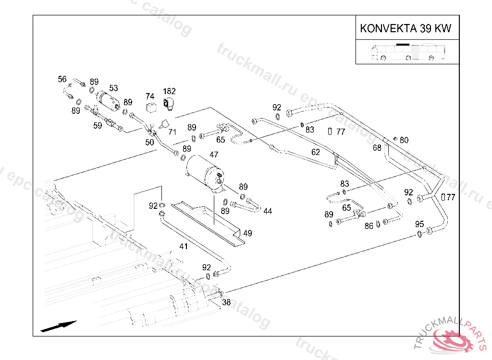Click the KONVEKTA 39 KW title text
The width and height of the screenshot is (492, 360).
coord(406,29)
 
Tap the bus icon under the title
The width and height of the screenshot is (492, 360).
coord(407,52)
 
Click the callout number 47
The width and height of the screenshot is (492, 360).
coord(214,155)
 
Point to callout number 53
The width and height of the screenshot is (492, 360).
coord(113,88)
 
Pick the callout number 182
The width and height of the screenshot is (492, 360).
coord(169,91)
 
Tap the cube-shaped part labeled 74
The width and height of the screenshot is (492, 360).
coord(151,107)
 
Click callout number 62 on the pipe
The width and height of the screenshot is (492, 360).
coord(315,152)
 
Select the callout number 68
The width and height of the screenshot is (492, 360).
coord(377,148)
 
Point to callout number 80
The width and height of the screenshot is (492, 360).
coord(404,140)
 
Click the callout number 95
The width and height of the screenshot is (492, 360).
coord(419,224)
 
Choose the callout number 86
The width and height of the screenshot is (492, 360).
coord(369,226)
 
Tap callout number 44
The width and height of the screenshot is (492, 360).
coord(268,211)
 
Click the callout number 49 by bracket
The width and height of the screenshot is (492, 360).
coord(247,233)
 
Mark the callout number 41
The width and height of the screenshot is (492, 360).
coord(184,246)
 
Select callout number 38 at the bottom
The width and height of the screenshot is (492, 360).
coord(226,302)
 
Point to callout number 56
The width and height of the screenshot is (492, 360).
coord(62,79)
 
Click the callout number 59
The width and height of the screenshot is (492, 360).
coord(98,126)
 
